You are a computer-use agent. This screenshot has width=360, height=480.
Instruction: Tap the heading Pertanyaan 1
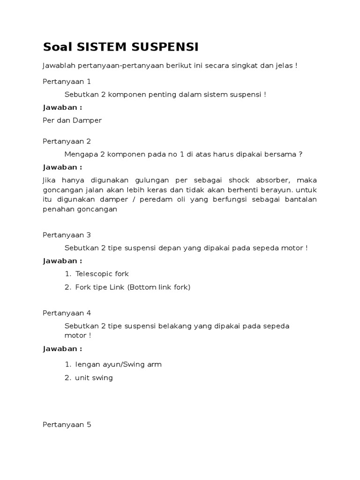coord(67,82)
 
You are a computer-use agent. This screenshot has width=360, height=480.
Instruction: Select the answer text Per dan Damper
coord(72,120)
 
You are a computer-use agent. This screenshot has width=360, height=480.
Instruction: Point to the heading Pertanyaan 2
coord(67,142)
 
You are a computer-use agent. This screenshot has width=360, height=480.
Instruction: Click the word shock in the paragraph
coord(240,180)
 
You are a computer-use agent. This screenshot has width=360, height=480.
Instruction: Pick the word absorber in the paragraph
coord(275,180)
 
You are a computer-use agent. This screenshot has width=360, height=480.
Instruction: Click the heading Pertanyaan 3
coord(67,235)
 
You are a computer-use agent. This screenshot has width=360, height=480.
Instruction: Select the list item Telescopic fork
coord(102,274)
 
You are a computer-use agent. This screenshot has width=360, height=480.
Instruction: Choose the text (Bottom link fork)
coord(159,287)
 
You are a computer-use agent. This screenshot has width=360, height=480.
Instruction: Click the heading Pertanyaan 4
coord(67,313)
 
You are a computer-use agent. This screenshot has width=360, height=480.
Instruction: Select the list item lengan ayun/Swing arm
coord(118,365)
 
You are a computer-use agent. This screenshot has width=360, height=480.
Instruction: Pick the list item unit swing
coord(94,378)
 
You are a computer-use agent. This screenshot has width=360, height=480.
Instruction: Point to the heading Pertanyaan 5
coord(67,425)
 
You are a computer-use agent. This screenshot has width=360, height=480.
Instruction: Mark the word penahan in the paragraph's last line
coord(57,210)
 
